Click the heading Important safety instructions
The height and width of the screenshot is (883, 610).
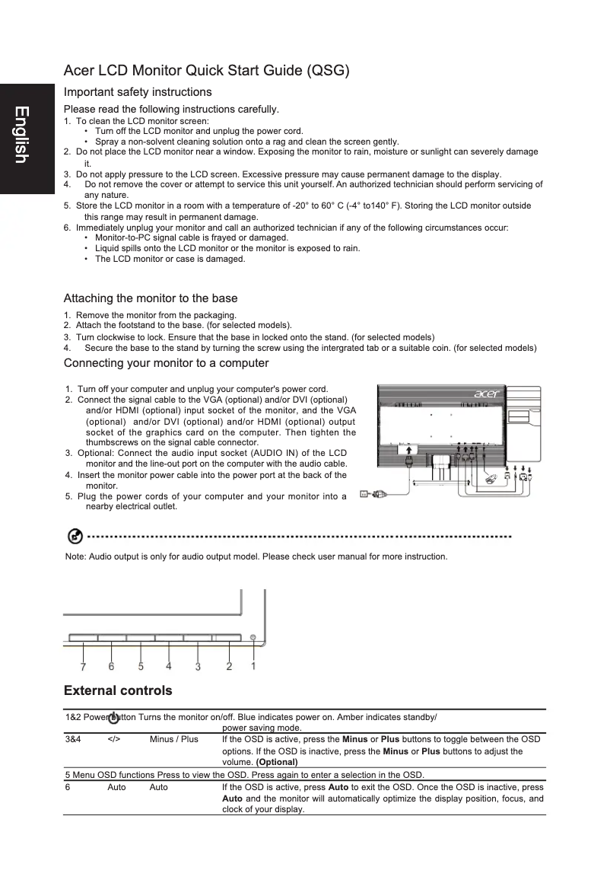click(138, 92)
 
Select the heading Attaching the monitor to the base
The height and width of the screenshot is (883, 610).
click(151, 298)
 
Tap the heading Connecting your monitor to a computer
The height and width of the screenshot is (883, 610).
click(166, 363)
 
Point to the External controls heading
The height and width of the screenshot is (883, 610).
click(118, 691)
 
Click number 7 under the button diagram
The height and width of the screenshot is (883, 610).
click(83, 667)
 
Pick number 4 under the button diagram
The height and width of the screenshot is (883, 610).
click(168, 666)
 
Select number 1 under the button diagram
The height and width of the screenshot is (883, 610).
click(253, 665)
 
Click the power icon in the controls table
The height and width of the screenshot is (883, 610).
click(113, 718)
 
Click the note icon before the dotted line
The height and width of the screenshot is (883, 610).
click(75, 537)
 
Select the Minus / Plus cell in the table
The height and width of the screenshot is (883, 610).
click(173, 739)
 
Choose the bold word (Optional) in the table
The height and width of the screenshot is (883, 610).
click(277, 762)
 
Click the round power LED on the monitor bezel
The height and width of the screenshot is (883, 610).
click(253, 637)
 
